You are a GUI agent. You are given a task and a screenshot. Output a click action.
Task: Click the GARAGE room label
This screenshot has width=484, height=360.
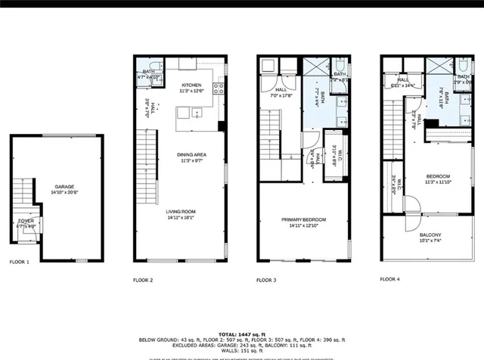click(x=64, y=186)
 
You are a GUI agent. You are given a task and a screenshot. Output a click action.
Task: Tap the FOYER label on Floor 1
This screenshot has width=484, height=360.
click(x=26, y=221)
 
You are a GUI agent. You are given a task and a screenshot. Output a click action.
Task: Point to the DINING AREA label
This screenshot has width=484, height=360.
click(x=194, y=155)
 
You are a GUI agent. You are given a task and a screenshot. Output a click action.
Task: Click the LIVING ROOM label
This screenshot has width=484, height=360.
click(x=181, y=212)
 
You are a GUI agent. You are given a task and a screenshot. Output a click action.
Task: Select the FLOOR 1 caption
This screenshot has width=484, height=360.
click(x=20, y=262)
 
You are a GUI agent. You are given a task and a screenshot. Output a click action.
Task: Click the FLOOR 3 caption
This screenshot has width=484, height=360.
click(x=265, y=280)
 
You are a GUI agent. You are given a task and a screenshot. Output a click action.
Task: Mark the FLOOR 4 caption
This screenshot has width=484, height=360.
click(x=389, y=280)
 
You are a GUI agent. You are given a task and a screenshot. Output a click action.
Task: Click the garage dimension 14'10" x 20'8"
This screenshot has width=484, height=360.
click(x=64, y=193)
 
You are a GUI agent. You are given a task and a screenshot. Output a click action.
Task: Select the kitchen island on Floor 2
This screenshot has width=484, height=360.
click(x=190, y=114)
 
